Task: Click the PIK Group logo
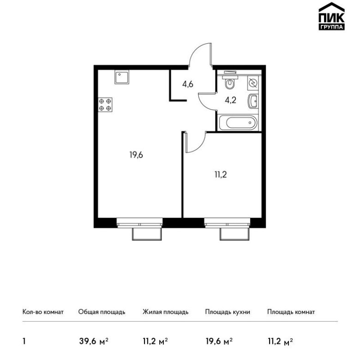(x=331, y=16)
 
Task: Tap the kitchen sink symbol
(x=122, y=77)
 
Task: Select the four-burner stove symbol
(x=105, y=105)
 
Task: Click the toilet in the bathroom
(x=229, y=81)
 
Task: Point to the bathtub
(x=238, y=123)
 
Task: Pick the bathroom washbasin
(x=253, y=102)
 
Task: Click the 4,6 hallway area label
(x=188, y=84)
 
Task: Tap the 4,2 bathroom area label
(x=230, y=100)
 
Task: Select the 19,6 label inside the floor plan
(x=136, y=155)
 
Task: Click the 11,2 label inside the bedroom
(x=221, y=175)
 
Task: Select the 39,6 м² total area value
(x=93, y=342)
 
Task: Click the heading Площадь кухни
(x=228, y=312)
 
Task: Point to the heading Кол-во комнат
(x=43, y=312)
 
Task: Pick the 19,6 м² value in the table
(x=219, y=342)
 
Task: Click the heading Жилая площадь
(x=166, y=312)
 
